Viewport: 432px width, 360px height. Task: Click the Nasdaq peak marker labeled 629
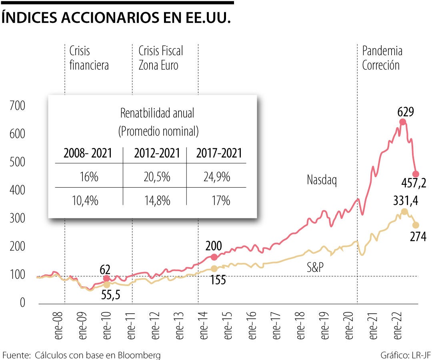pyautogui.click(x=402, y=122)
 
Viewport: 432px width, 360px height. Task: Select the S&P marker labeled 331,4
pyautogui.click(x=404, y=212)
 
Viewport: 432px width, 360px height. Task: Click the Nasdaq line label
pyautogui.click(x=322, y=180)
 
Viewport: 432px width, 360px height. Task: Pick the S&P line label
pyautogui.click(x=315, y=268)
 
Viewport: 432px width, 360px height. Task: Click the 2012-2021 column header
pyautogui.click(x=154, y=153)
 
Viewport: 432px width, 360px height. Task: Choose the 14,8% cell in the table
pyautogui.click(x=158, y=200)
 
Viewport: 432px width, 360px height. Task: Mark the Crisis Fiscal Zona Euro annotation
pyautogui.click(x=160, y=58)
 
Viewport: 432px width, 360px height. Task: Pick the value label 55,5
pyautogui.click(x=110, y=296)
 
